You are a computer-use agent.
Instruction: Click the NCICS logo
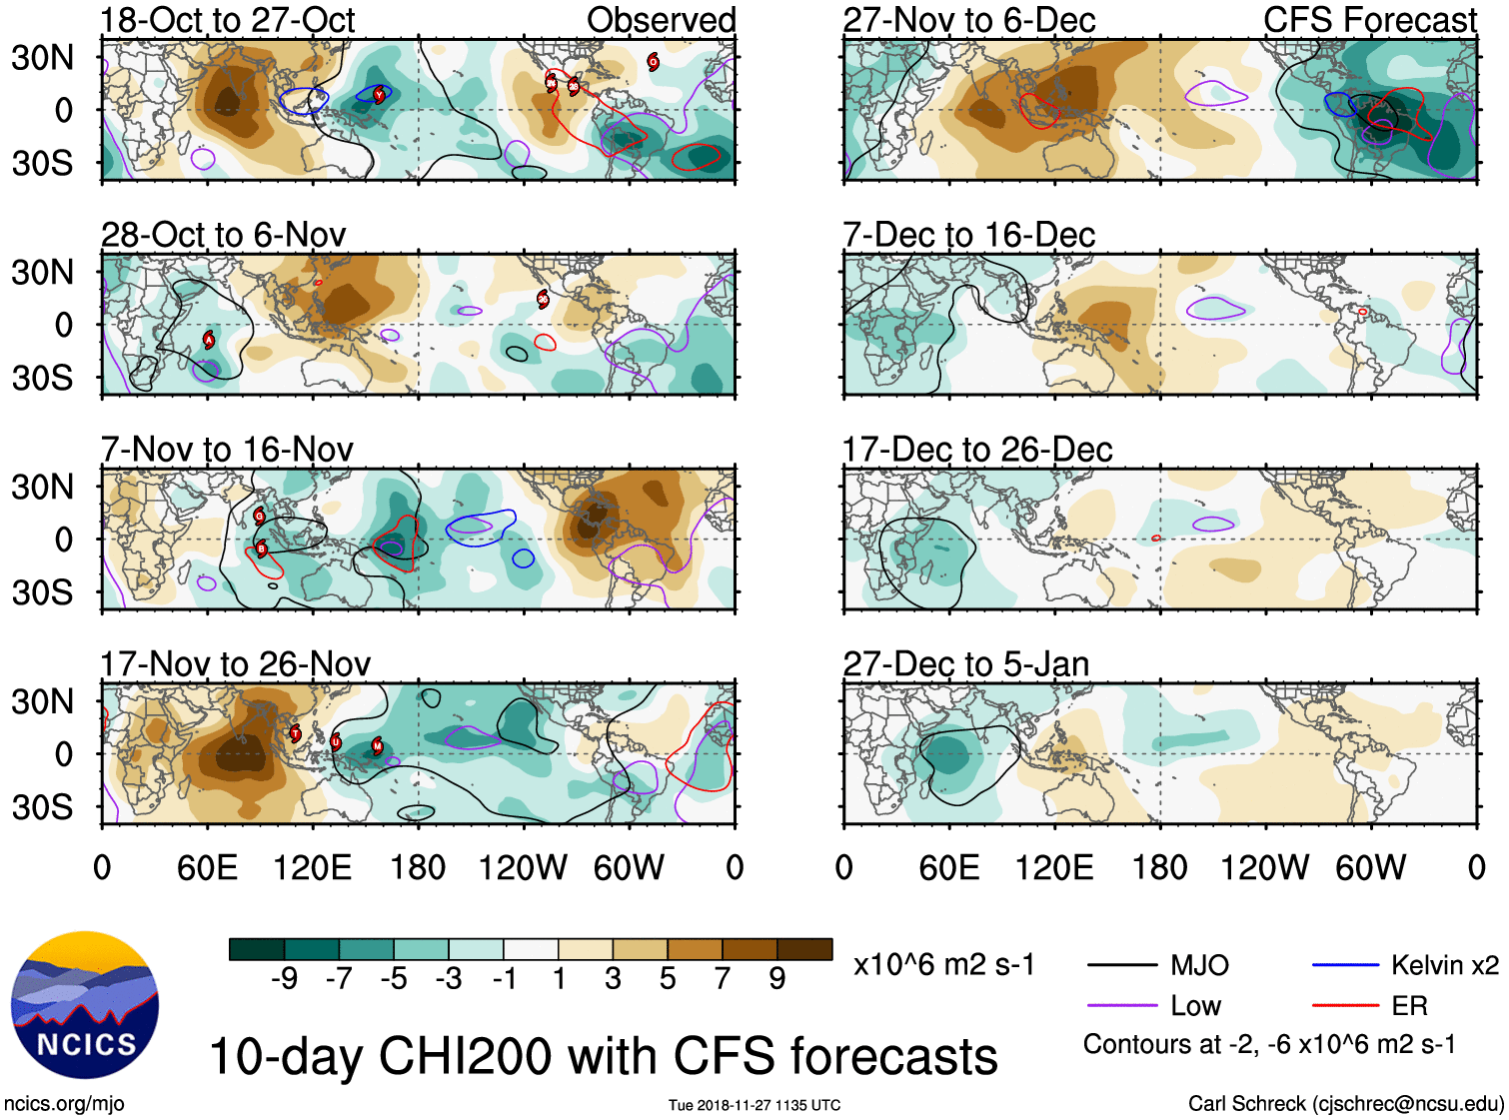point(85,1005)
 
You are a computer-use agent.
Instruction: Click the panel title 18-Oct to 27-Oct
point(228,20)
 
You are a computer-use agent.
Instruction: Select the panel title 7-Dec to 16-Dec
point(968,235)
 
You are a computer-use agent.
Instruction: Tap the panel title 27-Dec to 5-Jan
point(965,664)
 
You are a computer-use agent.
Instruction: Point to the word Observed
point(661,20)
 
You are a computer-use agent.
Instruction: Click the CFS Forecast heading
point(1369,20)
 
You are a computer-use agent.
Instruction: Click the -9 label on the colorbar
point(284,978)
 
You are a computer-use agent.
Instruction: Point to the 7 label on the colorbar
point(723,978)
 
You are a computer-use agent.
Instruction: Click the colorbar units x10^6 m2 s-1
point(943,965)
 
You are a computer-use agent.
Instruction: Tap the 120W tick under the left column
point(523,867)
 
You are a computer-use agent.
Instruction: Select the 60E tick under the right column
point(948,867)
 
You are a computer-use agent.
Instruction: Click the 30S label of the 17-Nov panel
point(42,807)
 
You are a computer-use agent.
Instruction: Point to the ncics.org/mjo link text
point(64,1104)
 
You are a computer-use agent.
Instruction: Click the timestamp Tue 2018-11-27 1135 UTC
point(754,1105)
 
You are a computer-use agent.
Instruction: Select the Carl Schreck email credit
point(1345,1104)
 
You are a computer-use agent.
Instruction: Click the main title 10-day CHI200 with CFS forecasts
point(603,1056)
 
